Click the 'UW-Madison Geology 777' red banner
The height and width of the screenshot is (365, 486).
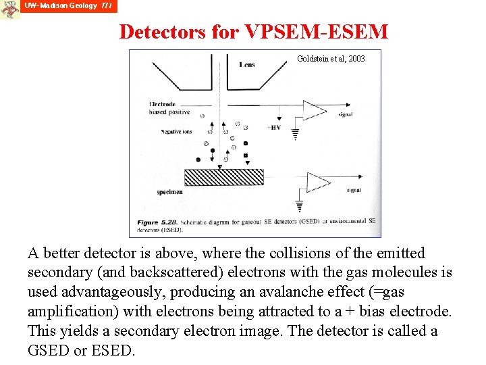tap(69, 6)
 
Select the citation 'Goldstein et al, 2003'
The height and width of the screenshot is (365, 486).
tap(331, 59)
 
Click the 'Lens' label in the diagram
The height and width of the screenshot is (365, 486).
tap(246, 65)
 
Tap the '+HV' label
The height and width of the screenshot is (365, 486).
tap(274, 127)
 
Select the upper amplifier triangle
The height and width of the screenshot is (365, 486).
tap(314, 110)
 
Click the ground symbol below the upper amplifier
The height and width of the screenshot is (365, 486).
tap(295, 135)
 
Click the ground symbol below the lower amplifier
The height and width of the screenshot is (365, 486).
tap(300, 206)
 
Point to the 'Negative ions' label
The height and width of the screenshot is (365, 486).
tap(177, 132)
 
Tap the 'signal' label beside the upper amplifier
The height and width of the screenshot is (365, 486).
tap(346, 115)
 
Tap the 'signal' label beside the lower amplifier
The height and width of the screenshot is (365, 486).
tap(354, 191)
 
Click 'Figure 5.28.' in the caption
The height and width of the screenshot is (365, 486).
tap(159, 222)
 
